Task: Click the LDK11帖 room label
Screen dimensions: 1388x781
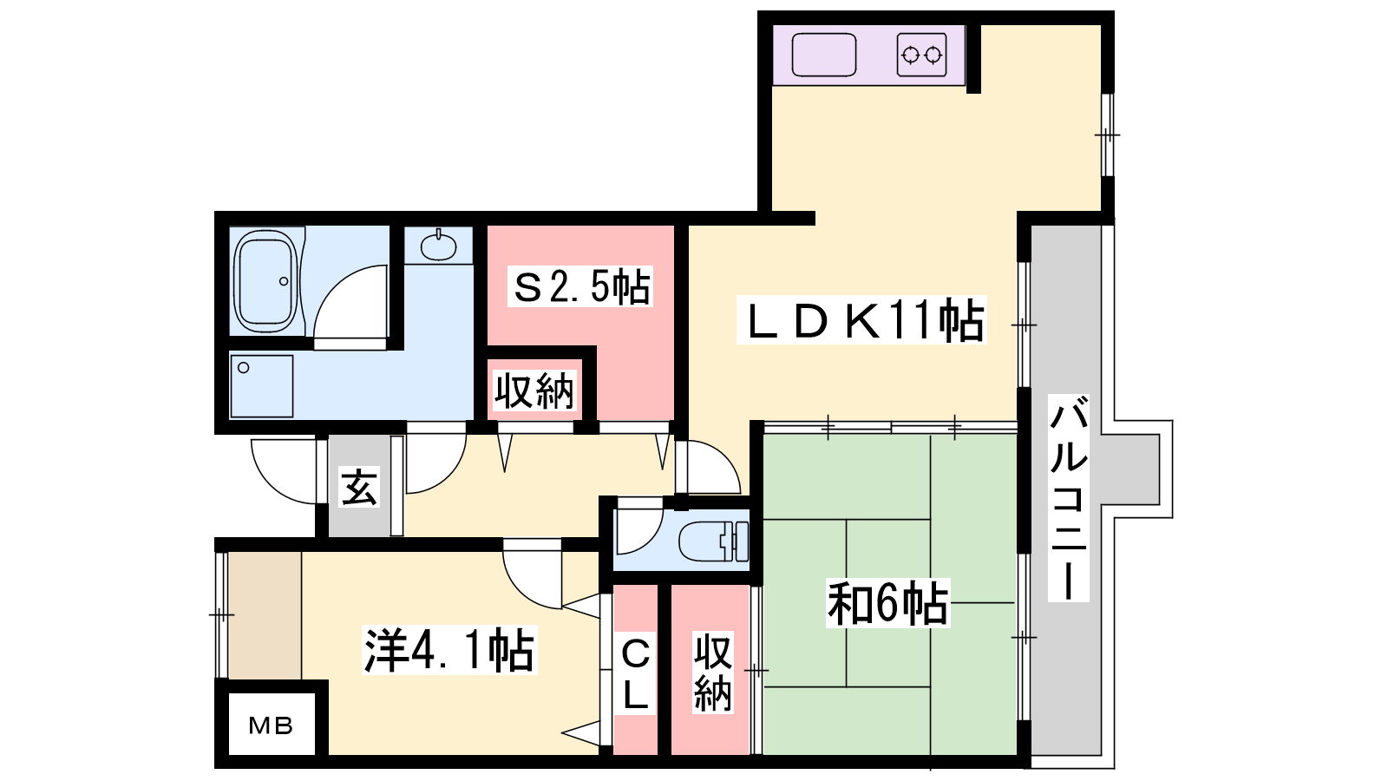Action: pyautogui.click(x=861, y=320)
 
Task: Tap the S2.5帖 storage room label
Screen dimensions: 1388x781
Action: pyautogui.click(x=580, y=285)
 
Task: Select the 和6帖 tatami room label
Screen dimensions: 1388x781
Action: pyautogui.click(x=888, y=603)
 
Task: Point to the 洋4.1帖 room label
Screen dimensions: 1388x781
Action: pyautogui.click(x=449, y=650)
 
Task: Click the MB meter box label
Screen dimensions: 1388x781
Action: pyautogui.click(x=271, y=725)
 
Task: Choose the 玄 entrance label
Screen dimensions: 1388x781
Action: pyautogui.click(x=359, y=487)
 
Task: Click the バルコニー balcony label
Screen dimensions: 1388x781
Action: pyautogui.click(x=1068, y=498)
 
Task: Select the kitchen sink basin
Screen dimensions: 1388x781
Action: pyautogui.click(x=824, y=56)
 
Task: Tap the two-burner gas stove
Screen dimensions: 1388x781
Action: pyautogui.click(x=921, y=56)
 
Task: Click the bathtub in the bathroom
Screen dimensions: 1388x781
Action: pyautogui.click(x=265, y=282)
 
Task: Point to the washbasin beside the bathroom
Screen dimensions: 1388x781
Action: pyautogui.click(x=438, y=247)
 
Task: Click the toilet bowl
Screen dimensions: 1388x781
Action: pyautogui.click(x=712, y=541)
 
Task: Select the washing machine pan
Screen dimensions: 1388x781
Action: pyautogui.click(x=261, y=386)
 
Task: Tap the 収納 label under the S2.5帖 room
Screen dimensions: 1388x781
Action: pyautogui.click(x=534, y=390)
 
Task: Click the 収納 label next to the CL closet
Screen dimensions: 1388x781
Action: pyautogui.click(x=712, y=673)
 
